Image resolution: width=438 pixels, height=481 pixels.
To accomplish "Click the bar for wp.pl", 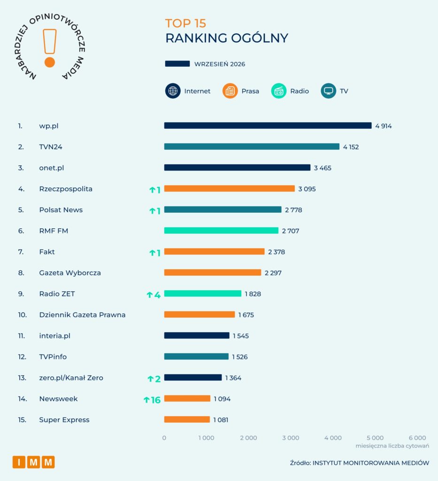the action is click(x=268, y=125).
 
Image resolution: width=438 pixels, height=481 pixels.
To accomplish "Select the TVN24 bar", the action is click(x=252, y=147).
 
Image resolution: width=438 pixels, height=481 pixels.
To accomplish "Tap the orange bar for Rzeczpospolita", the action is click(x=229, y=189).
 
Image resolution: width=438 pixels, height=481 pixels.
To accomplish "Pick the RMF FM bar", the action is click(x=221, y=230).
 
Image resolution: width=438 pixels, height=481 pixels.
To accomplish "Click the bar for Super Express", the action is click(x=187, y=419).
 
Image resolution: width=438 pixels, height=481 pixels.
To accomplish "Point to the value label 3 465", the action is click(x=323, y=168).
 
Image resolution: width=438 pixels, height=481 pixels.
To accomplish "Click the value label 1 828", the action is click(x=253, y=294).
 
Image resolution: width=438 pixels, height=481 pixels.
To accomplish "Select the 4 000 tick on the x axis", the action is click(x=333, y=438).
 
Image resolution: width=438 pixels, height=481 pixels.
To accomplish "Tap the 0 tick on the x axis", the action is click(x=164, y=438).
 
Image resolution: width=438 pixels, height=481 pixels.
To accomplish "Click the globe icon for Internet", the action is click(x=173, y=91).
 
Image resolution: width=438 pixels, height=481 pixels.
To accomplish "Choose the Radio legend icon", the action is click(x=278, y=91).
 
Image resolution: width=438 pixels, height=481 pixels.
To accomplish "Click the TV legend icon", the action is click(x=328, y=91).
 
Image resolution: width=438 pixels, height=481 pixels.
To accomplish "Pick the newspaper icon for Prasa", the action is click(x=230, y=91).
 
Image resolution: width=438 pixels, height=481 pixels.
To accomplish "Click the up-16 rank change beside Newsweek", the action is click(x=152, y=400).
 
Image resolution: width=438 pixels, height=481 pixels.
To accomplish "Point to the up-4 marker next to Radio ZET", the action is click(x=154, y=295).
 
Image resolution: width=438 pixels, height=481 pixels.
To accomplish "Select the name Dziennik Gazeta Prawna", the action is click(x=82, y=315).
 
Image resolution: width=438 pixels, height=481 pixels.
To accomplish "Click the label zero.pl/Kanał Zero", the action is click(x=71, y=378).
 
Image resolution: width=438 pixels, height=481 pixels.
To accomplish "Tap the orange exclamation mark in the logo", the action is click(x=50, y=48).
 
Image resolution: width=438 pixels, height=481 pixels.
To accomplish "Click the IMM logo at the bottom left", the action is click(x=34, y=462).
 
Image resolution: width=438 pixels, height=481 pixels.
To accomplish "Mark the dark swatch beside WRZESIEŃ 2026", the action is click(x=177, y=64).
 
